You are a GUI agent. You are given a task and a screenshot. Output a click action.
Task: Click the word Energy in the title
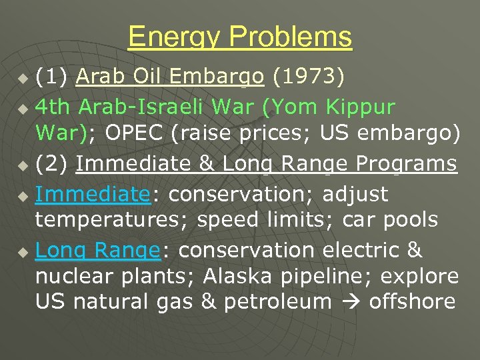(x=169, y=37)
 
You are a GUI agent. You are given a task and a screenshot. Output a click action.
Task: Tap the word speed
(x=225, y=219)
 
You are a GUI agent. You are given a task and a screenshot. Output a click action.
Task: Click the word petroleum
(x=277, y=301)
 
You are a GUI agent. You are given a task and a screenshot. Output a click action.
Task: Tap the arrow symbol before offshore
(x=351, y=302)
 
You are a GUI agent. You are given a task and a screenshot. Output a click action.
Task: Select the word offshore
(x=412, y=301)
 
